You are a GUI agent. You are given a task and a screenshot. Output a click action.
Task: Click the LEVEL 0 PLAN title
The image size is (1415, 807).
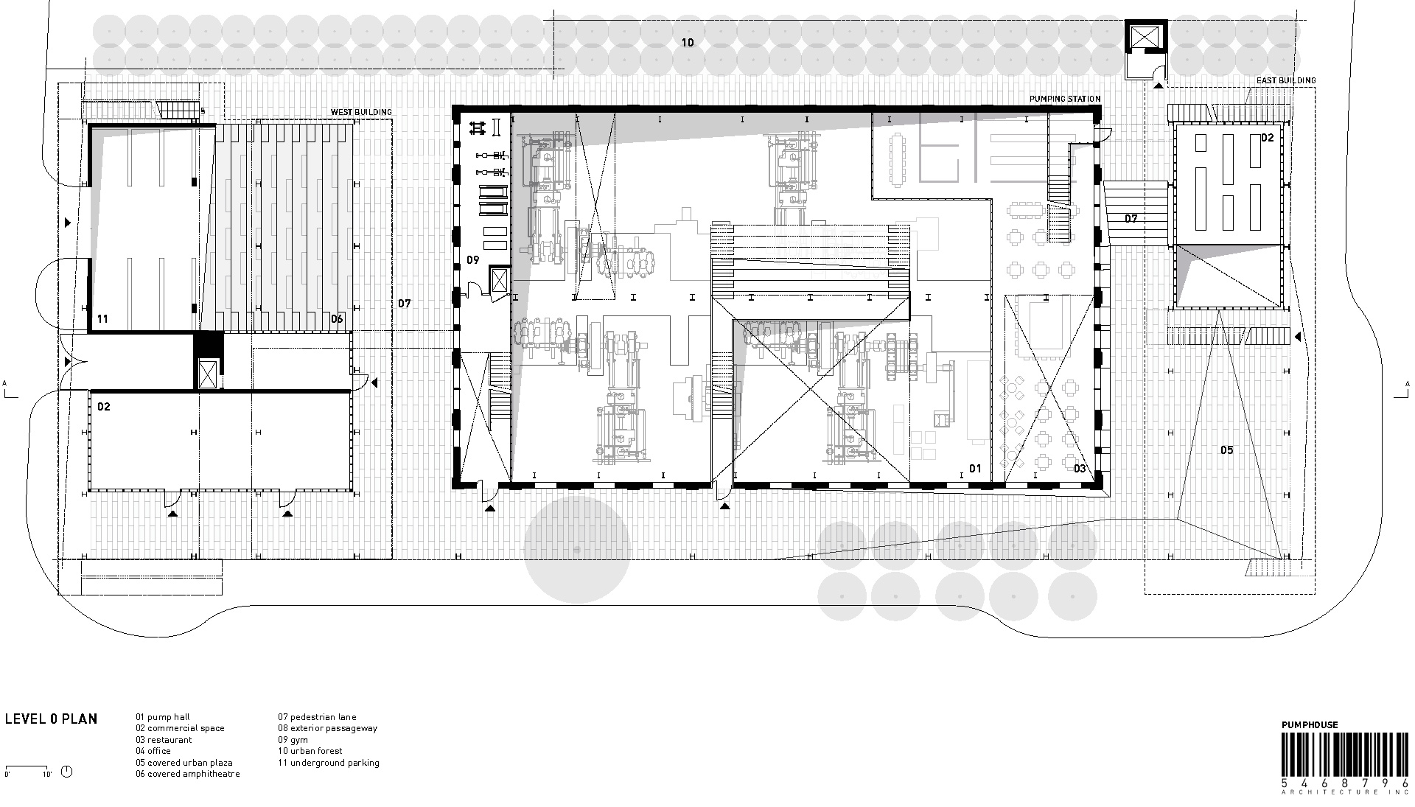pyautogui.click(x=51, y=719)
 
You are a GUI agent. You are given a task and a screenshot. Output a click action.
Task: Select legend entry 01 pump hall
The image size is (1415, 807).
pyautogui.click(x=163, y=717)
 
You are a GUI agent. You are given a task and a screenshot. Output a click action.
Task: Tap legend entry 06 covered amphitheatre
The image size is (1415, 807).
pyautogui.click(x=188, y=774)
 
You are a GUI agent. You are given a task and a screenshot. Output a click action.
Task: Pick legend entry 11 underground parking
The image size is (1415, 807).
pyautogui.click(x=329, y=763)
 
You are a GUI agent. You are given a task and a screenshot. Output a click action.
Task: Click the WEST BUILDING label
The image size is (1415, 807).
pyautogui.click(x=361, y=112)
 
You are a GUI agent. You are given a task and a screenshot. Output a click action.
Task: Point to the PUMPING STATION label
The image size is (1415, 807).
pyautogui.click(x=1065, y=99)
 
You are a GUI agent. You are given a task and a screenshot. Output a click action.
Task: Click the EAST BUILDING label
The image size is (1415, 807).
pyautogui.click(x=1286, y=80)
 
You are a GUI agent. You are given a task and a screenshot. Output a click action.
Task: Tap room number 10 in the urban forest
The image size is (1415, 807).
pyautogui.click(x=687, y=43)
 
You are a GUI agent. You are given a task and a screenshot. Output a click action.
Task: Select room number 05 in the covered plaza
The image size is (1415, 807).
pyautogui.click(x=1226, y=450)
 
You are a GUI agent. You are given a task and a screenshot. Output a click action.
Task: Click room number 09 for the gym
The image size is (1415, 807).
pyautogui.click(x=473, y=260)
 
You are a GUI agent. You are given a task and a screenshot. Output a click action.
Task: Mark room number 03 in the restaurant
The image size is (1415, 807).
pyautogui.click(x=1080, y=469)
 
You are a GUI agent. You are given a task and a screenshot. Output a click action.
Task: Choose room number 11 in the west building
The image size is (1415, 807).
pyautogui.click(x=102, y=319)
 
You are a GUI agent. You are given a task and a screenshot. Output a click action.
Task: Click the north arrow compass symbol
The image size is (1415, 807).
pyautogui.click(x=67, y=772)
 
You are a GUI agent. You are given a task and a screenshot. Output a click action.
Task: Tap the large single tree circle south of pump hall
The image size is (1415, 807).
pyautogui.click(x=577, y=549)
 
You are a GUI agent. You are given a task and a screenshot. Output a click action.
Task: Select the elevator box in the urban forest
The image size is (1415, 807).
pyautogui.click(x=1145, y=38)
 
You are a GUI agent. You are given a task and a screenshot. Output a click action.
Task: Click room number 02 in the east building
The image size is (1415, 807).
pyautogui.click(x=1267, y=138)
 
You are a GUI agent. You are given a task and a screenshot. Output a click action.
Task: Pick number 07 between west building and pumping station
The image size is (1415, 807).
pyautogui.click(x=404, y=304)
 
